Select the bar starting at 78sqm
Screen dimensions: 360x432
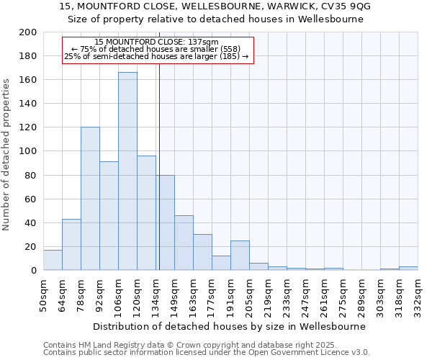pos(90,199)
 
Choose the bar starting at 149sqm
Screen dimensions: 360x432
pos(184,243)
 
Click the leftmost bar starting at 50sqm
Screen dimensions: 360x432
pos(53,260)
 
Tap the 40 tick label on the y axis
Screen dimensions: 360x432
pos(30,222)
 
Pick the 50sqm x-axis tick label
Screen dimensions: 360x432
pos(43,294)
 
